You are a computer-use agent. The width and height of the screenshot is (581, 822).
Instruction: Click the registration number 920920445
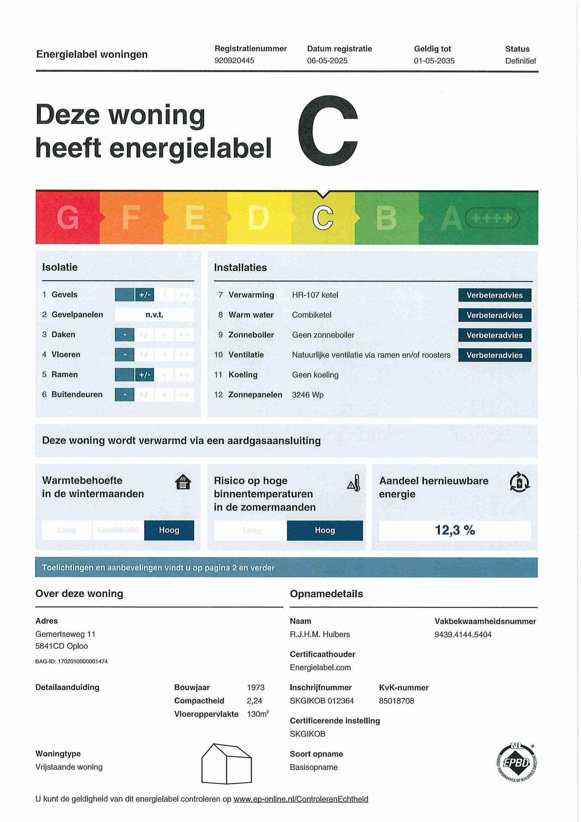click(x=234, y=61)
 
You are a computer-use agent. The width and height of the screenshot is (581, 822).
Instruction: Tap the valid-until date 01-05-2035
click(x=434, y=61)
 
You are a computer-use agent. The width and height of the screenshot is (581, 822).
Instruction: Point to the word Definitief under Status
click(x=520, y=61)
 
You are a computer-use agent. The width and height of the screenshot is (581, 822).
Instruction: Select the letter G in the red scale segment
click(x=68, y=218)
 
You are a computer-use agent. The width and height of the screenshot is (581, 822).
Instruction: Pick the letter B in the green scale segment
click(x=386, y=218)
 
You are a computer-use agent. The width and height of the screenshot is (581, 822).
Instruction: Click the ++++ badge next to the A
click(x=492, y=218)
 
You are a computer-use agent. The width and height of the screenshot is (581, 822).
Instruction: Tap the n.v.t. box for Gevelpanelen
click(x=154, y=315)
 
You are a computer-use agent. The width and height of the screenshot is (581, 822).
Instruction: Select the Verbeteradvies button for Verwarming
click(x=494, y=295)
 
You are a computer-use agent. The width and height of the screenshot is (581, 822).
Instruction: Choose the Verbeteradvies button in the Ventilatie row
click(x=494, y=355)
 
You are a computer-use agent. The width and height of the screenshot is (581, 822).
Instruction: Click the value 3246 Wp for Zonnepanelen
click(x=308, y=395)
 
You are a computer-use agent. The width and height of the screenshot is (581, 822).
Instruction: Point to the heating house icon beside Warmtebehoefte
click(x=183, y=482)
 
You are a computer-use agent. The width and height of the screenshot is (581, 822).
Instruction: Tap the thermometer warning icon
click(x=354, y=483)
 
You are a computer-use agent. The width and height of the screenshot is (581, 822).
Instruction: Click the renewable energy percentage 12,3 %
click(x=455, y=531)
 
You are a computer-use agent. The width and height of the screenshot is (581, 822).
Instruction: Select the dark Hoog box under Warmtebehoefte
click(x=169, y=530)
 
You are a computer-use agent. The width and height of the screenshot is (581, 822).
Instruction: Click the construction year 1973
click(x=256, y=688)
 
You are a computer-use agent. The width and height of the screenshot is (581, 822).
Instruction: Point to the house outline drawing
click(x=226, y=763)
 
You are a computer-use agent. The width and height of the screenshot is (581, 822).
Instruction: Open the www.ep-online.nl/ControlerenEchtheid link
click(x=301, y=799)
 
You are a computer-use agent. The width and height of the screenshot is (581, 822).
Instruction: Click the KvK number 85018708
click(x=396, y=701)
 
